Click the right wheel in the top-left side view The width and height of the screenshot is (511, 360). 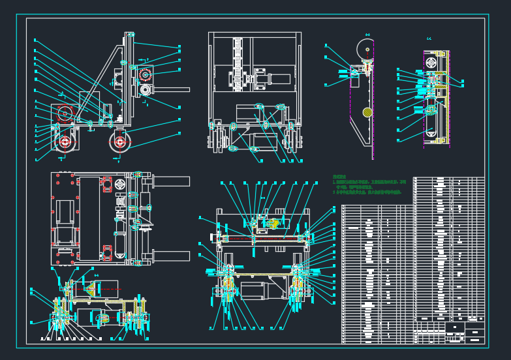click(119, 142)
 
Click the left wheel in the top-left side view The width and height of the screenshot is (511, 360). click(65, 142)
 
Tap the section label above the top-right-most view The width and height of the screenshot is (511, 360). click(429, 39)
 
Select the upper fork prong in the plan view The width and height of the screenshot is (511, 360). click(171, 181)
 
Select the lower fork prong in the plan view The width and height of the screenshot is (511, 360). click(171, 256)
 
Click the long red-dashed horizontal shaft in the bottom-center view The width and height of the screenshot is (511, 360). click(264, 239)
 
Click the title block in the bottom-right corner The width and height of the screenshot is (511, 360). click(464, 332)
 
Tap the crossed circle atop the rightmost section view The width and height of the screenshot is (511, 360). click(431, 62)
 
